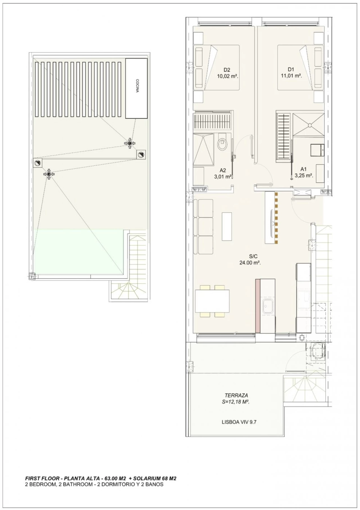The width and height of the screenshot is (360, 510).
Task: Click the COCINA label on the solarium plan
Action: tap(137, 86)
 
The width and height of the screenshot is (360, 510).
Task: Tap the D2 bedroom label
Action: tap(227, 70)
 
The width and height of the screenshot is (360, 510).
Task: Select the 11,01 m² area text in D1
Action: tap(291, 76)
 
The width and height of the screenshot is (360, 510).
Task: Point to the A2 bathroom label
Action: tap(223, 170)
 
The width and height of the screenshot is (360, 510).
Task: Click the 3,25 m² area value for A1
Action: tap(304, 175)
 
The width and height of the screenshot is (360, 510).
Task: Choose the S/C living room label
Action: tap(253, 256)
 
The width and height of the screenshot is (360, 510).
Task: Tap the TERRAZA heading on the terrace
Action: tap(236, 395)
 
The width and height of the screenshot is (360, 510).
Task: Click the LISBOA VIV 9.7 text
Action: tap(239, 422)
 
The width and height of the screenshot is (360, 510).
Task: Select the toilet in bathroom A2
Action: tap(223, 144)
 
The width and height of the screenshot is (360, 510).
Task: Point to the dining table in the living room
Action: tap(212, 301)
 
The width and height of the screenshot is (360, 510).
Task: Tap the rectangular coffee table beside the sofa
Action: tap(227, 227)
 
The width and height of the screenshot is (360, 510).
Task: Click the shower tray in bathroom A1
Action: tap(309, 124)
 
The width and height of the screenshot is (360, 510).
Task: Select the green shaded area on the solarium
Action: tap(79, 252)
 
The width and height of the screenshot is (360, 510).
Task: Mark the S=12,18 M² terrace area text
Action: tap(236, 402)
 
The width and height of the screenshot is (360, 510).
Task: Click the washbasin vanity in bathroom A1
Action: tap(317, 150)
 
